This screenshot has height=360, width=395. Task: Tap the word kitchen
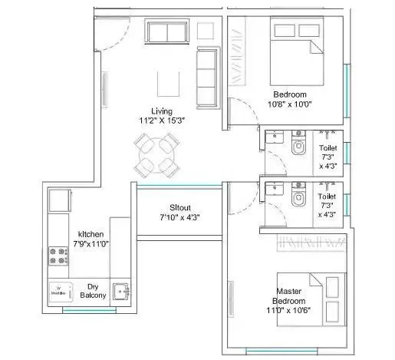click(91, 235)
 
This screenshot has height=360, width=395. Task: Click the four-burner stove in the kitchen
click(58, 256)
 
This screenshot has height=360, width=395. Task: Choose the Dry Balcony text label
click(91, 289)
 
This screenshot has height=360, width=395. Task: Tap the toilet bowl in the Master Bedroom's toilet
click(298, 197)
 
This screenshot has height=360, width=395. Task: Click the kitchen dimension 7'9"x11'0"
click(91, 245)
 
